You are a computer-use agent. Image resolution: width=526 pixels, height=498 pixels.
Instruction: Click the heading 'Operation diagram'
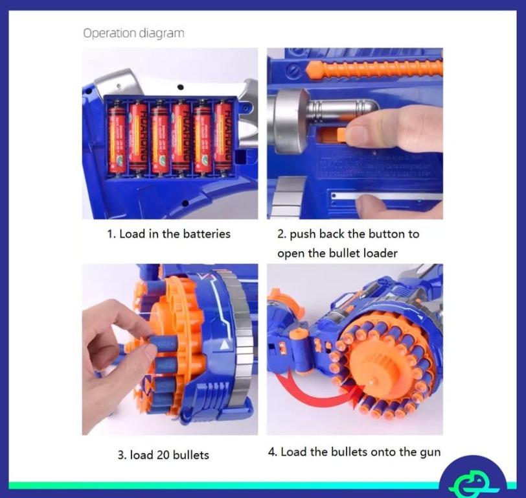(133, 33)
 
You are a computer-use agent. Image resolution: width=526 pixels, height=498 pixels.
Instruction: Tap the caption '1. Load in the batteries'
(168, 234)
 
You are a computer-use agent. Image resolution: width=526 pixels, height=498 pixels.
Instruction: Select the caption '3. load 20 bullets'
(163, 455)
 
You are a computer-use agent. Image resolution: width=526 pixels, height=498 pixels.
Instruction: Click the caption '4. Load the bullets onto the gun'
(354, 452)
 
